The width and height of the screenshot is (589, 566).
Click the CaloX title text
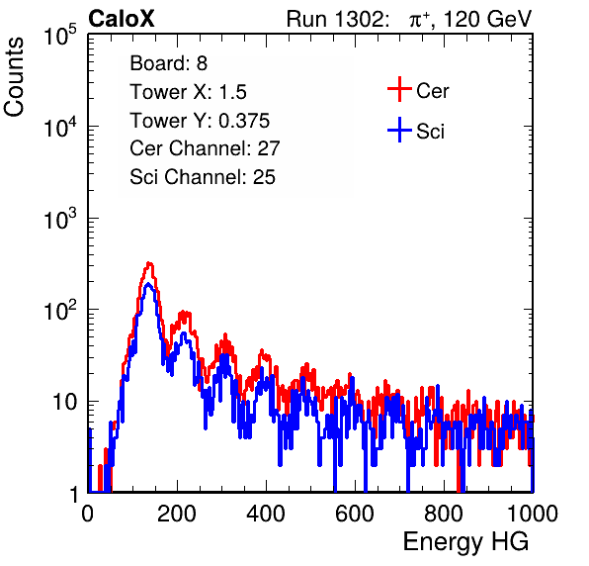pyautogui.click(x=122, y=19)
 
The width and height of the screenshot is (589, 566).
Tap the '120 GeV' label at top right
pyautogui.click(x=488, y=19)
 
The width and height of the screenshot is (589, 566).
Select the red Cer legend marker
pyautogui.click(x=399, y=89)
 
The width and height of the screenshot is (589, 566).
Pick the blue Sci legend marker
pyautogui.click(x=399, y=130)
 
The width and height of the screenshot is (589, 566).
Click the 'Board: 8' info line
pyautogui.click(x=169, y=63)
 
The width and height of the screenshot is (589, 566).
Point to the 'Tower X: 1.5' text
pyautogui.click(x=188, y=92)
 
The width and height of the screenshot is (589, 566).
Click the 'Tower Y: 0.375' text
pyautogui.click(x=200, y=121)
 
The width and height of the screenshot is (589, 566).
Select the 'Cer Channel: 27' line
pyautogui.click(x=205, y=148)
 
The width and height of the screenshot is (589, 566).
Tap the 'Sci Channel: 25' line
pyautogui.click(x=203, y=177)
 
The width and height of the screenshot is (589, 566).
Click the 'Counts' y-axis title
pyautogui.click(x=14, y=77)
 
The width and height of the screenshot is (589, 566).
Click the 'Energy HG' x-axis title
pyautogui.click(x=465, y=541)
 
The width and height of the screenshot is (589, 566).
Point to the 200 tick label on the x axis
pyautogui.click(x=177, y=514)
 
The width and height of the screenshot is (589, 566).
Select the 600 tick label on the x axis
pyautogui.click(x=355, y=514)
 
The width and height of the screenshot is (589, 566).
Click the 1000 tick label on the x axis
pyautogui.click(x=533, y=514)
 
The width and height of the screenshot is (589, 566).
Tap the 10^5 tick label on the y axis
pyautogui.click(x=60, y=35)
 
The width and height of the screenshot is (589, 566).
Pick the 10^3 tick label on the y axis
pyautogui.click(x=60, y=219)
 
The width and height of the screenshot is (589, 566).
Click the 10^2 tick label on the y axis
pyautogui.click(x=60, y=311)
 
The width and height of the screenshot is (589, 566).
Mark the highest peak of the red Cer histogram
pyautogui.click(x=149, y=263)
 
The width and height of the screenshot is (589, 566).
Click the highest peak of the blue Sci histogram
pyautogui.click(x=148, y=284)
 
